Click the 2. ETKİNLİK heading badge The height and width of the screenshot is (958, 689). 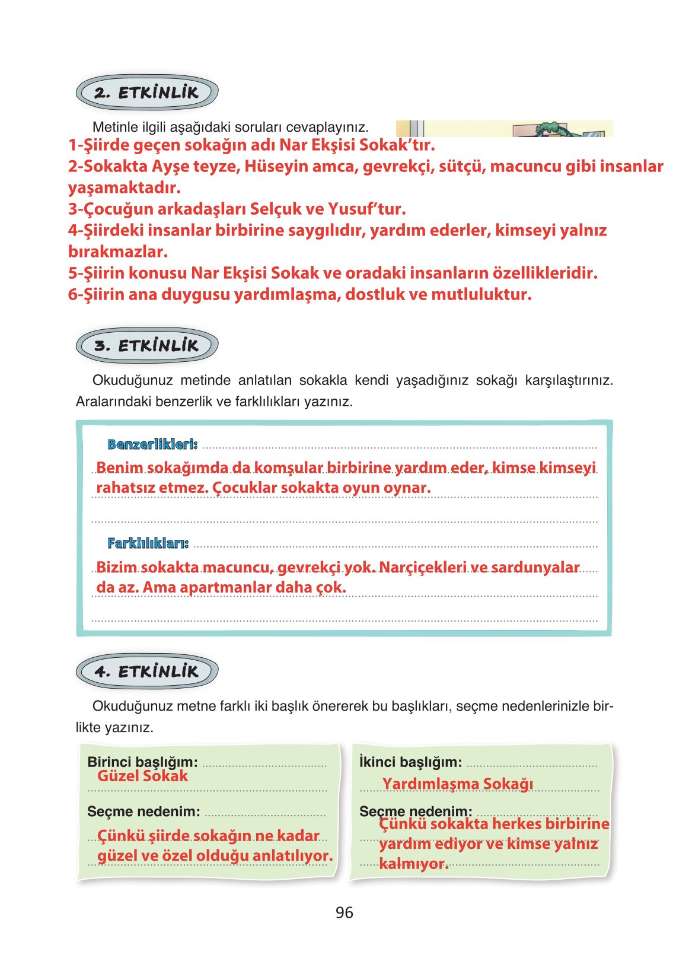(x=146, y=93)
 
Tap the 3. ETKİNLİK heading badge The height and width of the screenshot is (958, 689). (x=146, y=345)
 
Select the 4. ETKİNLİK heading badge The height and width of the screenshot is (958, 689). (x=146, y=671)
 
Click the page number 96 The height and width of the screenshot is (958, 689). (x=344, y=912)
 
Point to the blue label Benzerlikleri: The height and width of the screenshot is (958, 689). (x=152, y=444)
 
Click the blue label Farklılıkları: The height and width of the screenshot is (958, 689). (x=148, y=543)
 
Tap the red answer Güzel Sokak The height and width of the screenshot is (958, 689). (x=142, y=776)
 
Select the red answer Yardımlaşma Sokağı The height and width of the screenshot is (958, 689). (x=457, y=784)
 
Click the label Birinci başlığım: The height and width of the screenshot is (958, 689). (x=142, y=762)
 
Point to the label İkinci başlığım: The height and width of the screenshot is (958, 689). (x=410, y=762)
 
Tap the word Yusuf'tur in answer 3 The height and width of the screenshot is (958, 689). (x=366, y=209)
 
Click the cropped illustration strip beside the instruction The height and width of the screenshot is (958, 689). (x=504, y=129)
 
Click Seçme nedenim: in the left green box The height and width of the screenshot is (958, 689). (x=143, y=811)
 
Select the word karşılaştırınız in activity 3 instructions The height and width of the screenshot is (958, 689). (x=569, y=380)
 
